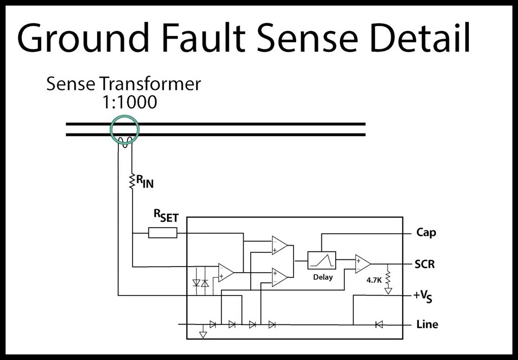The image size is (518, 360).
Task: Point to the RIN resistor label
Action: pos(145,182)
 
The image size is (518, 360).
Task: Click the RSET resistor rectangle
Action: pos(163,233)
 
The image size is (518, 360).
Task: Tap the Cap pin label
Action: pos(426,233)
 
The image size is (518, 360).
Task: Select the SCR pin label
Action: pos(425,265)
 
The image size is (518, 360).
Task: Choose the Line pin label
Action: pos(427,324)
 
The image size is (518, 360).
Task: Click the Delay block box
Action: pos(322,260)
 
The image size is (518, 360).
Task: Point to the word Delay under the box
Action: pos(323,277)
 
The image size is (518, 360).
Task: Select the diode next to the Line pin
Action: pos(379,324)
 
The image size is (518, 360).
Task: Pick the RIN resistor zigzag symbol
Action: pos(132,181)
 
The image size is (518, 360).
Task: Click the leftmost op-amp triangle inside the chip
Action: pos(225,273)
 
